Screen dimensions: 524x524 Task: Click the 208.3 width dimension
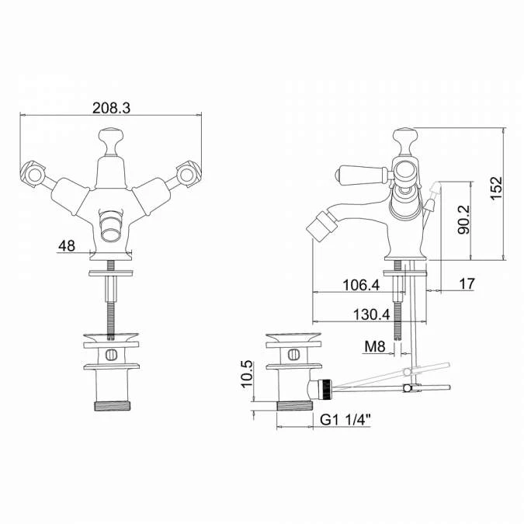111,108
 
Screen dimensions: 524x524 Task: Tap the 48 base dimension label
67,246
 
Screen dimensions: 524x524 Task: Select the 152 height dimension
496,188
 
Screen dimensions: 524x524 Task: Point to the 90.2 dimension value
463,220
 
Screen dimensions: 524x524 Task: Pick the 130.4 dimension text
372,314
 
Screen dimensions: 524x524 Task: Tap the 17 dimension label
467,284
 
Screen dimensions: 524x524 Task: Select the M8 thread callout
375,347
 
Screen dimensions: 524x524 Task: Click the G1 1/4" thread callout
345,420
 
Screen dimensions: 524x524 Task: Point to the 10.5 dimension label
247,373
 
